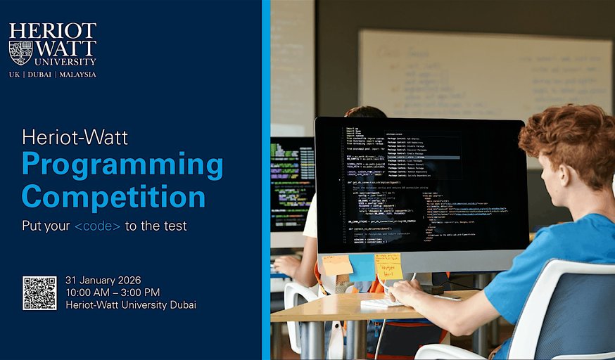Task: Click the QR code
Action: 39,292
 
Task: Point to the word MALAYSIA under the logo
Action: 78,74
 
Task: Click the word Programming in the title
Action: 122,165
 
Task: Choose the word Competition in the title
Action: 113,196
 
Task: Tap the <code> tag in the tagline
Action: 97,226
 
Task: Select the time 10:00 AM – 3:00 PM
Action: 113,292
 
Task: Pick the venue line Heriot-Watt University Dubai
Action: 131,304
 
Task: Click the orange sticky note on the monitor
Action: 337,265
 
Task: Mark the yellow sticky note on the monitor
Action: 388,266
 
